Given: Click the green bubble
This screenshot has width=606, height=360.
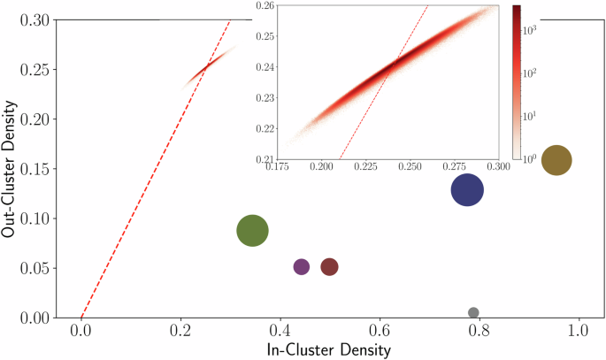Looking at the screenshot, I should [x=253, y=231].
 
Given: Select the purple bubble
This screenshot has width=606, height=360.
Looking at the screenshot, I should [x=301, y=267].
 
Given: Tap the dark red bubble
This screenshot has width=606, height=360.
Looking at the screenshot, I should [x=330, y=267].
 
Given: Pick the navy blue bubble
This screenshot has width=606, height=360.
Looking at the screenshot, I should [x=467, y=189].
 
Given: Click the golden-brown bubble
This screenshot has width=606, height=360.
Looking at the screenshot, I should [x=556, y=160].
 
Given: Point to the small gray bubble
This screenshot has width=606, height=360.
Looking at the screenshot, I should [x=473, y=312].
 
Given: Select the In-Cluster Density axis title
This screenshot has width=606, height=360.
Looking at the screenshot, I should [x=329, y=350].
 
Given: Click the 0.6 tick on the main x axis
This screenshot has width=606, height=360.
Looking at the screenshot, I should [x=380, y=331].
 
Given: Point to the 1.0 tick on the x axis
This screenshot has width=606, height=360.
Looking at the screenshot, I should [x=579, y=331].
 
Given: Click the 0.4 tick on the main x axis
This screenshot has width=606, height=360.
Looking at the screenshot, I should [x=280, y=331].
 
